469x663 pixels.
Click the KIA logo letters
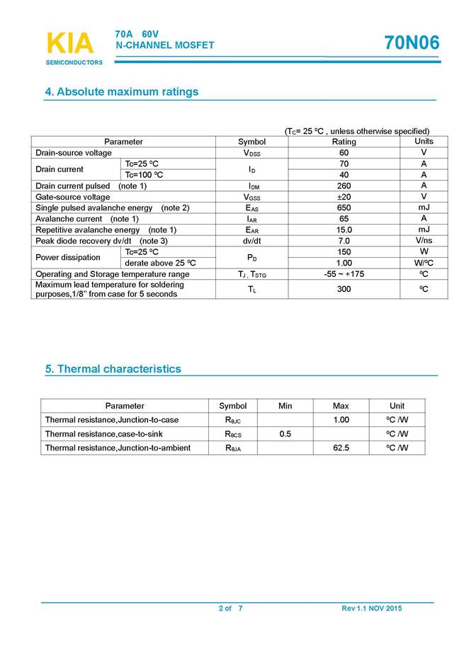[69, 43]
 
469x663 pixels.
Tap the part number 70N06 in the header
[412, 43]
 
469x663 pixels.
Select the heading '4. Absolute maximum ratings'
[122, 92]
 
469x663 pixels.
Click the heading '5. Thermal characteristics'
[113, 369]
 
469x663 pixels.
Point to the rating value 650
[344, 208]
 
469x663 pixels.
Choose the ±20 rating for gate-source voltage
[344, 197]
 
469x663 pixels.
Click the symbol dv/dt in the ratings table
[252, 241]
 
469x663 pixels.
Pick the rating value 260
[344, 186]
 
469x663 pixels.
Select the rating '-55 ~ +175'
[344, 273]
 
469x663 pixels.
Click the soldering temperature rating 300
[344, 289]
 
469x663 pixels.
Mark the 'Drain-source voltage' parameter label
[74, 153]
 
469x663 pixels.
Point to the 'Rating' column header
[344, 142]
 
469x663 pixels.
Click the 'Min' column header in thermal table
[286, 406]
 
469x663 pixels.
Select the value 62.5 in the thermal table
[341, 448]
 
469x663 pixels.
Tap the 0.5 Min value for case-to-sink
[286, 433]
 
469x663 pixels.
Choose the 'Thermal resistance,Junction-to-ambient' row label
[118, 448]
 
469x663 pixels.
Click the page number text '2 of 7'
[230, 609]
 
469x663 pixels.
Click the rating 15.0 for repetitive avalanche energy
[344, 229]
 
